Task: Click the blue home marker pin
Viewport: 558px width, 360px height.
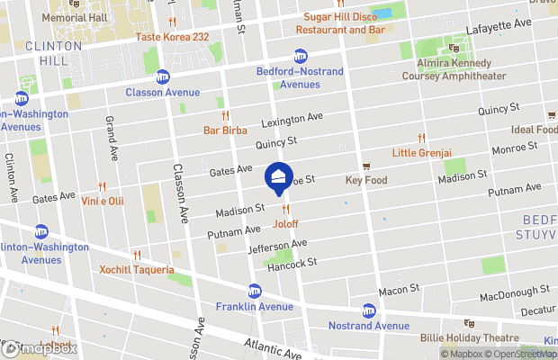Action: tap(278, 176)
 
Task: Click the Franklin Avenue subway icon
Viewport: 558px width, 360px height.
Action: tap(255, 291)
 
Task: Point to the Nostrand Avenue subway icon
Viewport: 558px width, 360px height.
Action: tap(368, 310)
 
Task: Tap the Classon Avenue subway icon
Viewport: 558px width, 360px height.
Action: tap(163, 77)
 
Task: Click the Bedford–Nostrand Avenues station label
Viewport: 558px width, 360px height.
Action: tap(287, 77)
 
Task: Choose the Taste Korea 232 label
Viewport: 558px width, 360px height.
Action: tap(172, 37)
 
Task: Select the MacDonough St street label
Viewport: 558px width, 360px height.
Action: tap(515, 293)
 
